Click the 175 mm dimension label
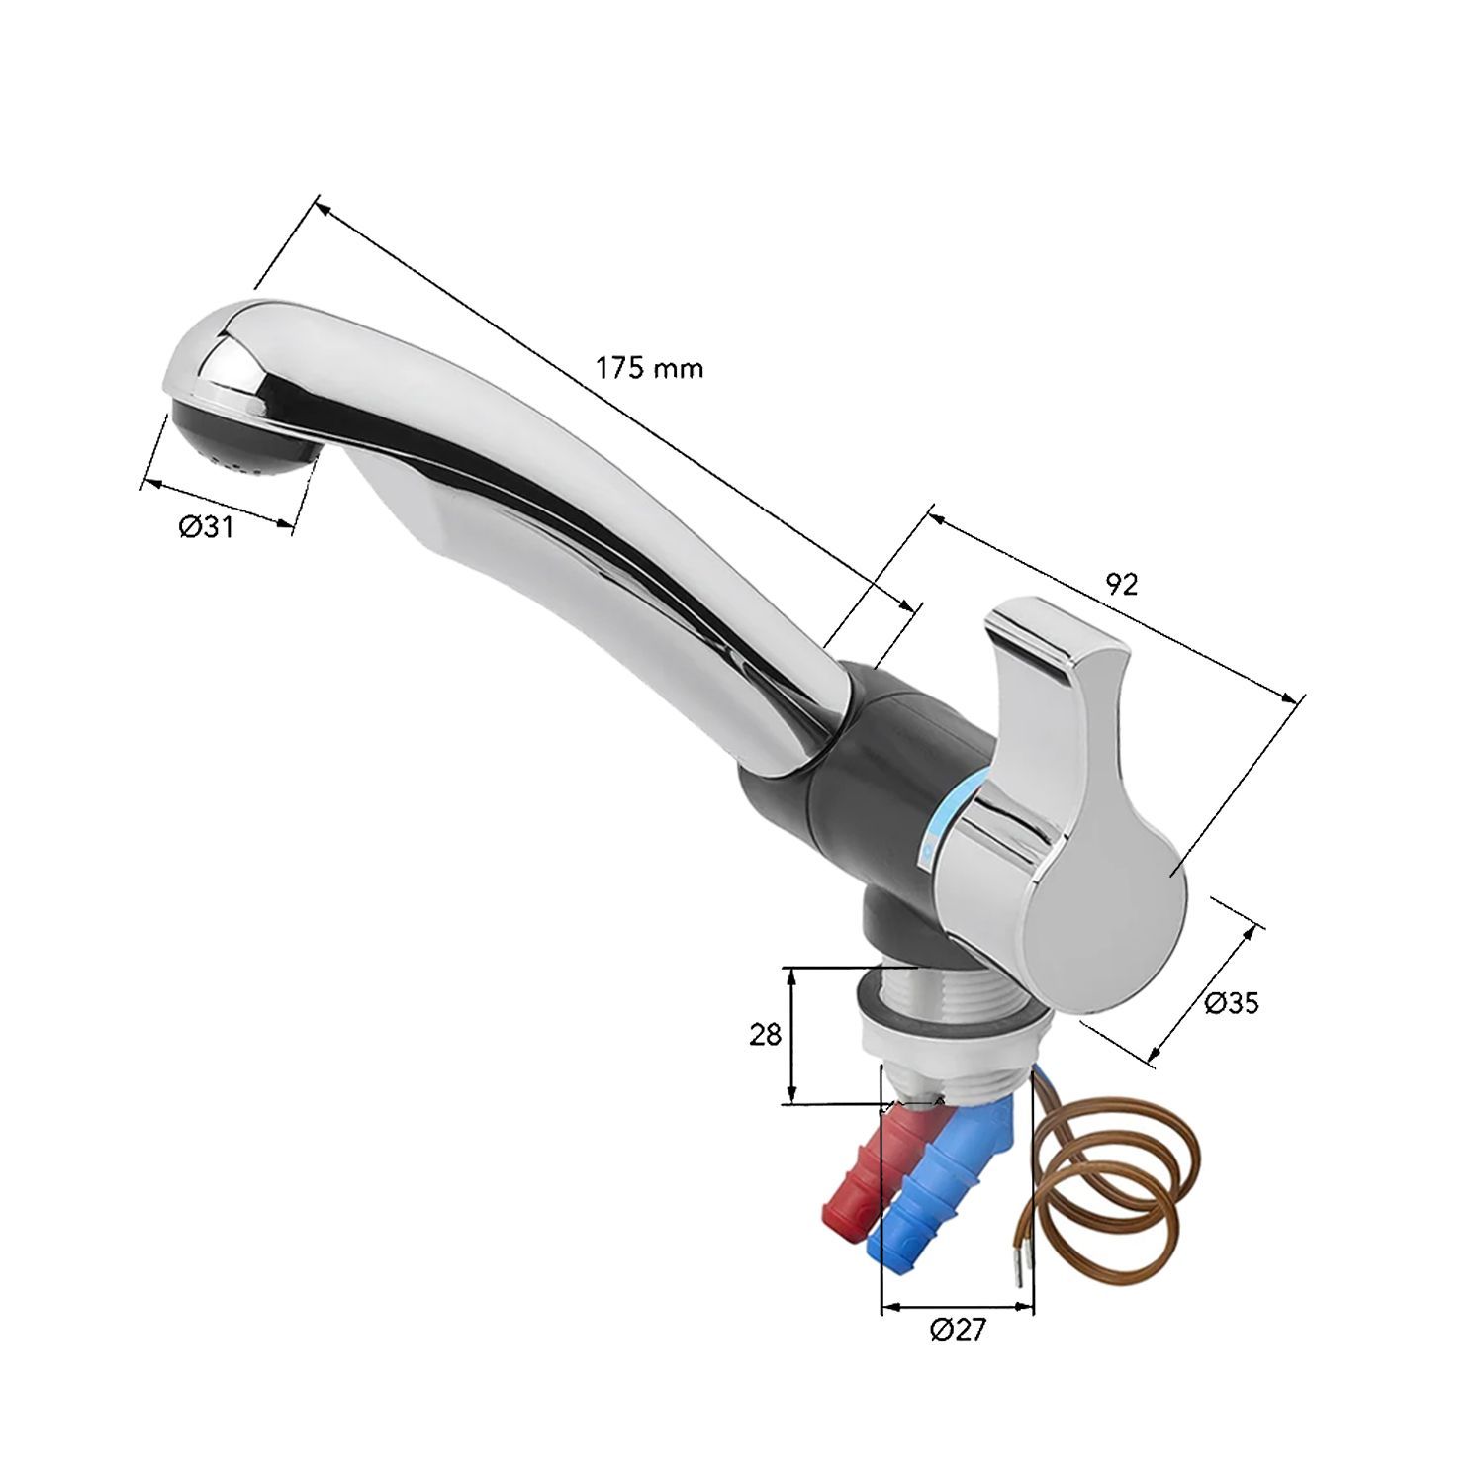pos(649,369)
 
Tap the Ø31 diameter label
pos(206,528)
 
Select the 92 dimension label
pos(1121,585)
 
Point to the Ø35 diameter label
pos(1232,1003)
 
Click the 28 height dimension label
pos(766,1035)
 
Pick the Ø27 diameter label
pos(958,1329)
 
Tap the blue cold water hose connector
pos(935,1182)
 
